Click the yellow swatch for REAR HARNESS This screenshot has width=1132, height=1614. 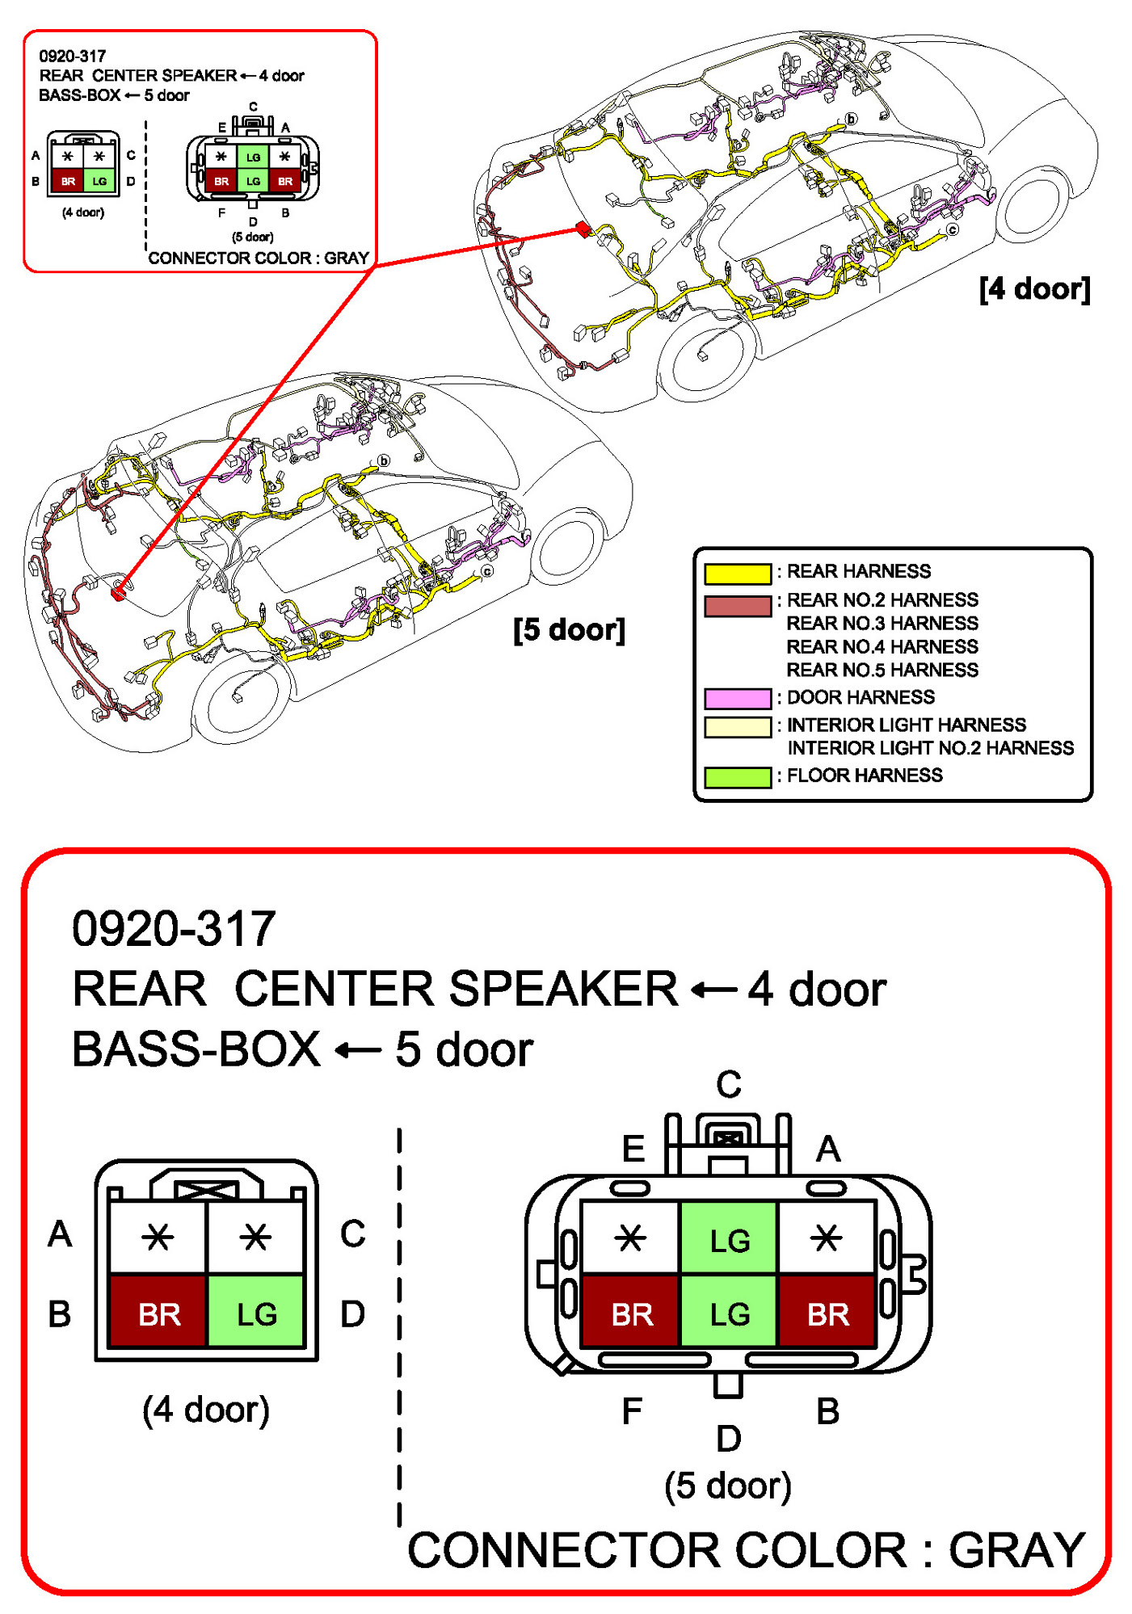[x=737, y=573]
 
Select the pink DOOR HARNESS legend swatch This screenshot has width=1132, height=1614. [x=737, y=698]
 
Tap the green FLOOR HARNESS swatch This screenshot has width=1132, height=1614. [x=737, y=776]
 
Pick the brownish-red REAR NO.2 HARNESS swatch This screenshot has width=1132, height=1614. [x=737, y=605]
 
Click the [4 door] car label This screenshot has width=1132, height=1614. [x=1034, y=288]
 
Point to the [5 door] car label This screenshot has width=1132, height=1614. [x=569, y=629]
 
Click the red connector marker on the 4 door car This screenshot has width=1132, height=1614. [x=582, y=229]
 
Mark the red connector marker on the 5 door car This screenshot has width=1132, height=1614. [x=119, y=594]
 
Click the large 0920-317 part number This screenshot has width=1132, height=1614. [x=174, y=928]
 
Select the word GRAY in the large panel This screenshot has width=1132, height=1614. [x=1016, y=1549]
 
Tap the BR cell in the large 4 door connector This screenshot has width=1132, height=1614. [x=158, y=1313]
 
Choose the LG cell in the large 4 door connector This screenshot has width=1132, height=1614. [x=256, y=1313]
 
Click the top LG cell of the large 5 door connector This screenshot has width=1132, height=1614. [x=729, y=1239]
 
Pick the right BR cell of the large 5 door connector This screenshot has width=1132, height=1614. [x=827, y=1313]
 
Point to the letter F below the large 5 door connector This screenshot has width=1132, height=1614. [x=632, y=1411]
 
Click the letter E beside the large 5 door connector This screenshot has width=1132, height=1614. [x=633, y=1148]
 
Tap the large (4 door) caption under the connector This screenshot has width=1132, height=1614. [x=206, y=1410]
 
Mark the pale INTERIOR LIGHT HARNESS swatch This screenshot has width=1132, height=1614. [x=737, y=726]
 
